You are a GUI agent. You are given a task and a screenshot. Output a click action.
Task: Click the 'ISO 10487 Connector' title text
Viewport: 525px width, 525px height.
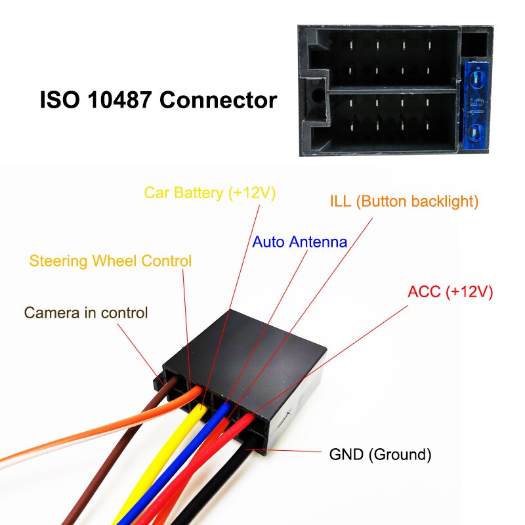(158, 100)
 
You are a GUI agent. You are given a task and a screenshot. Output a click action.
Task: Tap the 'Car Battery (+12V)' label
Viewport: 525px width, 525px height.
(210, 193)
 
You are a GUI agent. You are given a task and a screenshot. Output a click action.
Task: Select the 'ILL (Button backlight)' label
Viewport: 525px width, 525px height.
(404, 201)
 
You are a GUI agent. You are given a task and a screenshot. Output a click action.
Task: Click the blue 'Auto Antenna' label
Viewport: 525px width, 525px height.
(299, 241)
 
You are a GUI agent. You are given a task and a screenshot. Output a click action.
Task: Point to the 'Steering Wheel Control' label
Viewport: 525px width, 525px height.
(110, 261)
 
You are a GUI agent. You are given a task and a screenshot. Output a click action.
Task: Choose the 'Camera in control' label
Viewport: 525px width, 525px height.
(86, 313)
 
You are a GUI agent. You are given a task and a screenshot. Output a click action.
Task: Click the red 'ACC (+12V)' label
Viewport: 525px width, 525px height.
(450, 291)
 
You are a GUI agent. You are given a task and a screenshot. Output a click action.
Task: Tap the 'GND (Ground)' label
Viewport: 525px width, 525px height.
(380, 454)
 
